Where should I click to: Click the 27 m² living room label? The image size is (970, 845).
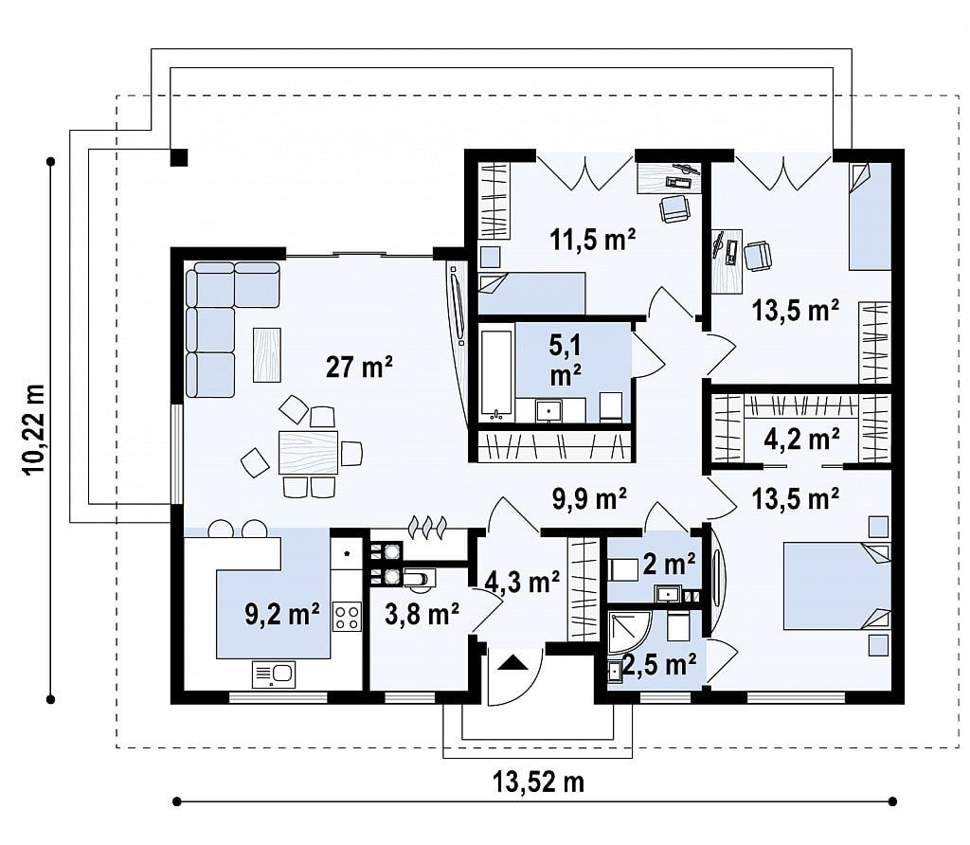point(359,367)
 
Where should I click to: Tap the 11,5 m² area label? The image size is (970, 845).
point(593,239)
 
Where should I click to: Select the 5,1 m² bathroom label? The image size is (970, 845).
point(565,360)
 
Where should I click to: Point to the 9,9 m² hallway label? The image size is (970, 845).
point(589,497)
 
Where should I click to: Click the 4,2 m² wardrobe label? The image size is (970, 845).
point(801,439)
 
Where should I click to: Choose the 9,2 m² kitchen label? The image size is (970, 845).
point(282,614)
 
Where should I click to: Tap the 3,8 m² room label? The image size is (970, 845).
point(422,614)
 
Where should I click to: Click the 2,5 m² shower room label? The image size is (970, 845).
point(660,664)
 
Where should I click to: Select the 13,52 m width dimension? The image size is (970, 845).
point(538,782)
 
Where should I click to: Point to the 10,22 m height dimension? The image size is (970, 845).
point(35,429)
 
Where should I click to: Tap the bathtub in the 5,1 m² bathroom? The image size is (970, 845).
point(496,371)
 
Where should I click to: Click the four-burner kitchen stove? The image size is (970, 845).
point(347,616)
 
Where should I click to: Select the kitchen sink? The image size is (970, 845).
point(274,674)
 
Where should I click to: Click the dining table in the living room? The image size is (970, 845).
point(308,452)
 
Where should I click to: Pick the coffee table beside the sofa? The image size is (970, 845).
point(266,354)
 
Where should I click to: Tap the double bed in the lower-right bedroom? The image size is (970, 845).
point(837,585)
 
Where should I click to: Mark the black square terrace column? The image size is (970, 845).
point(178,158)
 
